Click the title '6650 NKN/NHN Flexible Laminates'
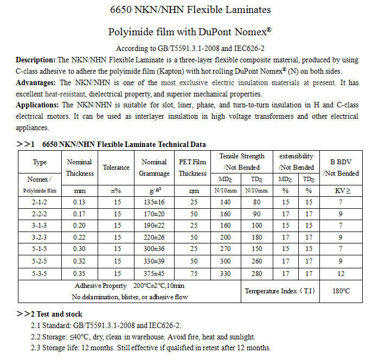190,10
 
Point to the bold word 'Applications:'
38,105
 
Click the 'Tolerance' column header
117,168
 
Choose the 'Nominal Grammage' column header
154,168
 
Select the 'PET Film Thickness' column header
192,168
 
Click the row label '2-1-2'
40,202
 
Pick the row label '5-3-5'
40,274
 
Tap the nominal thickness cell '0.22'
79,237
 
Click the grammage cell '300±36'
154,250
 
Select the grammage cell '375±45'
154,274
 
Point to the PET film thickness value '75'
192,274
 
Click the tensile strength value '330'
226,274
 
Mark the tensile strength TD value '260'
257,262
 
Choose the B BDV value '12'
341,274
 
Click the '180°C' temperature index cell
341,291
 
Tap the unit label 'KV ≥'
341,191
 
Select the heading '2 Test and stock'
53,314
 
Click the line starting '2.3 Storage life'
151,348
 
